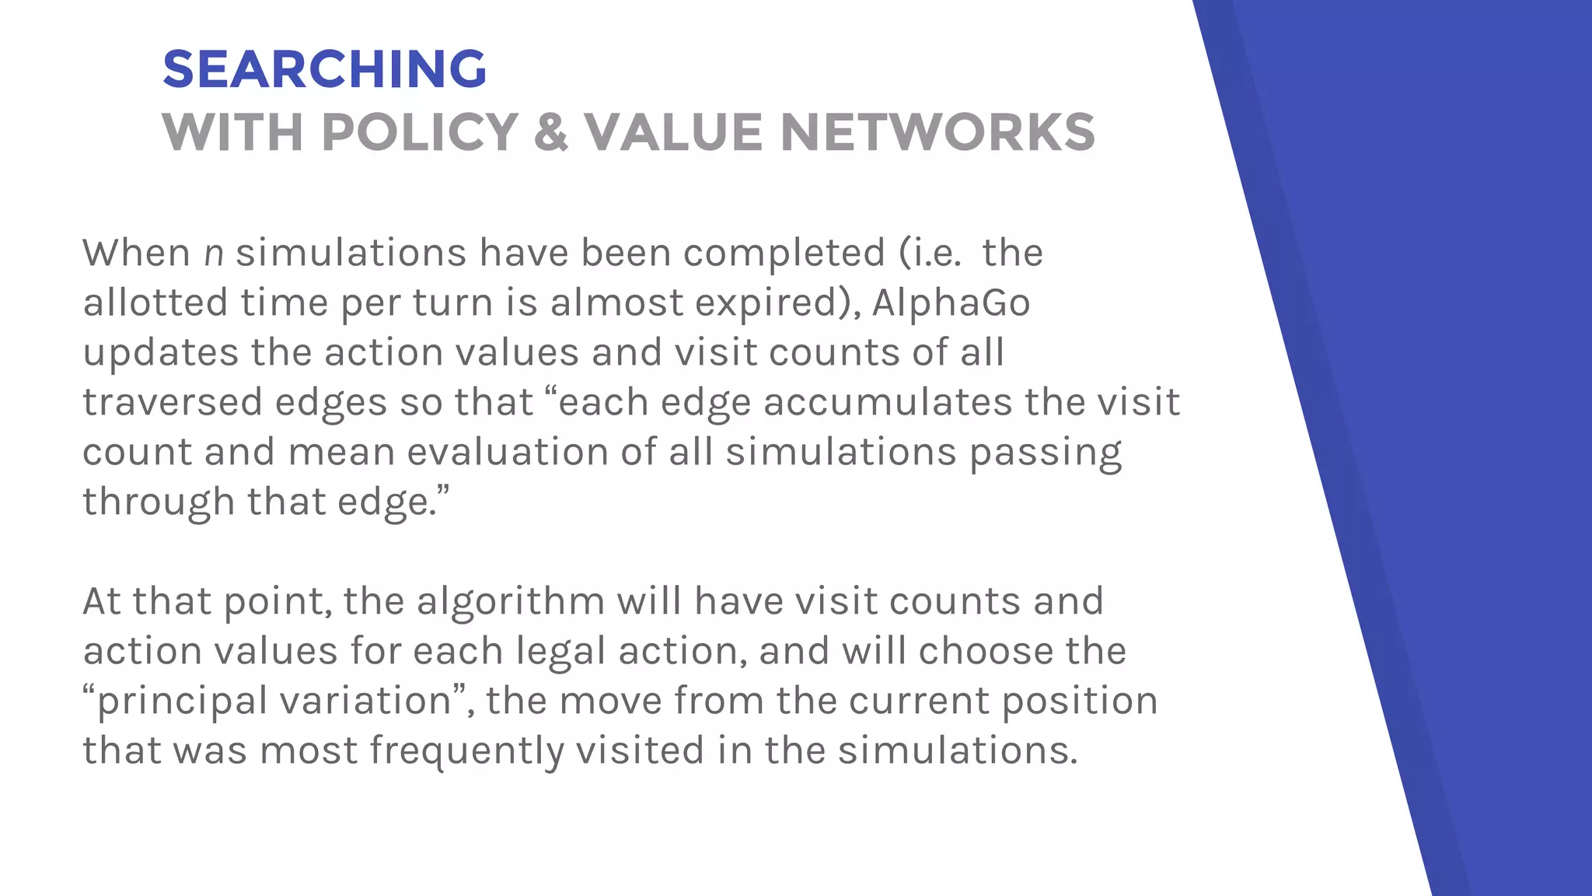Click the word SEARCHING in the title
[x=324, y=69]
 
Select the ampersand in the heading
[x=551, y=132]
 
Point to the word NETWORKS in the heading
[x=937, y=132]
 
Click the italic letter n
[x=214, y=254]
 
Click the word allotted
[x=155, y=303]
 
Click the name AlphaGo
[x=951, y=303]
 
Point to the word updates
[x=160, y=352]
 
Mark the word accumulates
[x=887, y=402]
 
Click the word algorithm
[x=510, y=601]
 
